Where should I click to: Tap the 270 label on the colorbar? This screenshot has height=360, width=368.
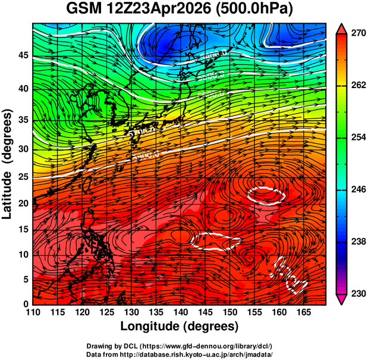coord(358,35)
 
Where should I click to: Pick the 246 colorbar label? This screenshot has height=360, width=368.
coord(358,190)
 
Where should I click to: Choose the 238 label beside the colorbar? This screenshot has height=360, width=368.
coord(358,242)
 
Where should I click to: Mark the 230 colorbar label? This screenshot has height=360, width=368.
coord(358,293)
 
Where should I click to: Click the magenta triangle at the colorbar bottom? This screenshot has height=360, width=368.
coord(341,299)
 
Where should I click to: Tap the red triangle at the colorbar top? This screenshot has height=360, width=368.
coord(341,28)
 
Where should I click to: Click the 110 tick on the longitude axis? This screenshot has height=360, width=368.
coord(33,312)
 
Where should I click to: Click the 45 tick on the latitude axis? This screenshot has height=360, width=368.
coord(22,55)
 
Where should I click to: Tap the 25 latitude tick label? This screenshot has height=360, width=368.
coord(22,177)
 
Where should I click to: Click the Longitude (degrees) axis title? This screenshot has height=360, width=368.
coord(180,326)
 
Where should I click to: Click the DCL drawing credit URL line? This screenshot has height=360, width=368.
coord(180,346)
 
